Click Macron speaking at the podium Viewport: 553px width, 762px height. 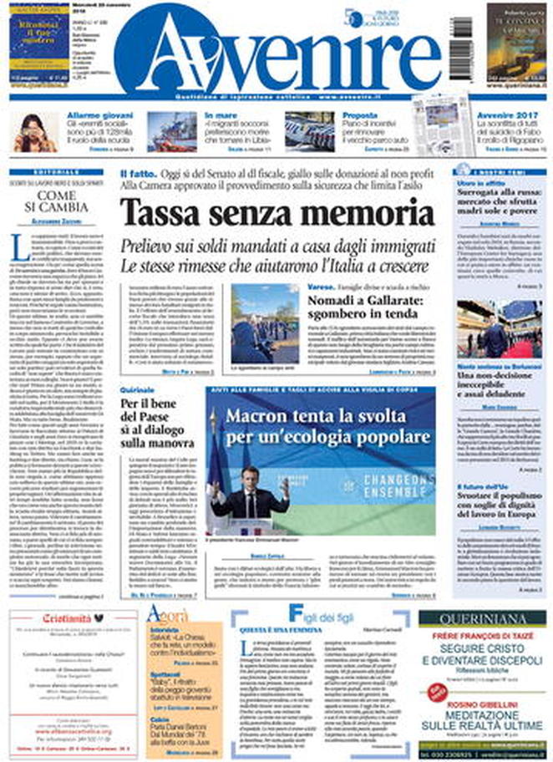tap(248, 493)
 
